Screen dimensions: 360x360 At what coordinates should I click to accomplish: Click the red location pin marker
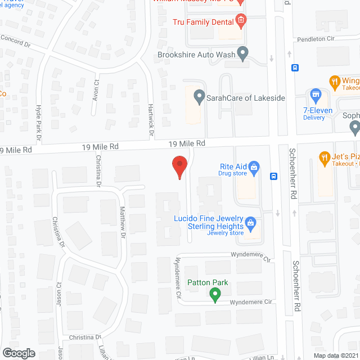pos(179,165)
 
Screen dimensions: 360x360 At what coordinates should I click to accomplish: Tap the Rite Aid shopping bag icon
pos(254,167)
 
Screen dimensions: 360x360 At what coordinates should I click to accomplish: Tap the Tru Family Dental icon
pos(241,21)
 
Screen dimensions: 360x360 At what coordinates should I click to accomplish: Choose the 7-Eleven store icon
pos(316,94)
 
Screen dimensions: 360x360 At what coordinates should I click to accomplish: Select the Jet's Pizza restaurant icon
pos(324,157)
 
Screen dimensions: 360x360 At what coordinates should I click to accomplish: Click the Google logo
pos(19,353)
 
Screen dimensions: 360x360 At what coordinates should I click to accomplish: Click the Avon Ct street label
pos(96,91)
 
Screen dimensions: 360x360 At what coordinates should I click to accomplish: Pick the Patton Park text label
pos(208,282)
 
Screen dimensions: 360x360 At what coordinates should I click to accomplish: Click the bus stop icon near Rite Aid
pos(274,176)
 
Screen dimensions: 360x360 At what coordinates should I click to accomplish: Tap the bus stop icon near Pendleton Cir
pos(295,68)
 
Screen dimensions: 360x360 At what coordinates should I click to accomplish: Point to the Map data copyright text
pos(336,355)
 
